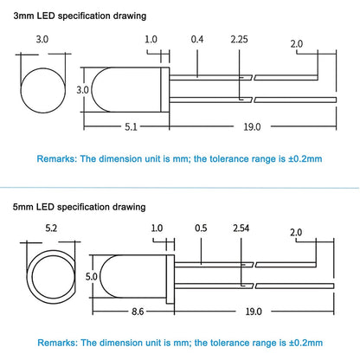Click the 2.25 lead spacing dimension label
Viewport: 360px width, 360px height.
click(x=239, y=39)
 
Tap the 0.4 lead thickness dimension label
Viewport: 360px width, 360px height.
click(x=197, y=39)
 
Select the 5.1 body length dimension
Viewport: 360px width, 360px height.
click(x=131, y=126)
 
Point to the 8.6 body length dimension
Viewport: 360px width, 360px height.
click(x=138, y=312)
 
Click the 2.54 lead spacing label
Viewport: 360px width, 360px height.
click(x=241, y=228)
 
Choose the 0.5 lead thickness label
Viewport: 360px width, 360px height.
click(x=201, y=228)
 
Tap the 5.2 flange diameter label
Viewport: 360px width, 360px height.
click(x=51, y=228)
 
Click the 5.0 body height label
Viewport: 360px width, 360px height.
click(x=92, y=277)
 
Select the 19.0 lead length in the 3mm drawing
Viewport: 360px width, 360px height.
click(x=252, y=126)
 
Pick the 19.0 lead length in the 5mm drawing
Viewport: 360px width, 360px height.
click(x=254, y=312)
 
